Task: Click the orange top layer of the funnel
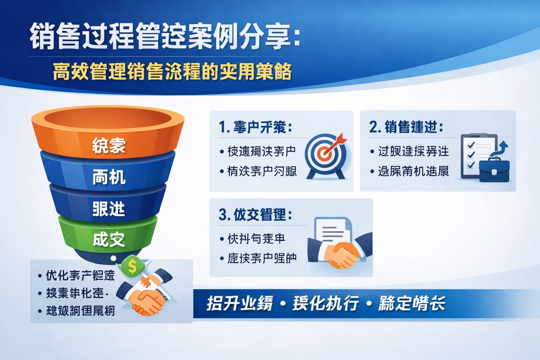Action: (108, 134)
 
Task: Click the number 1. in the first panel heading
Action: (224, 128)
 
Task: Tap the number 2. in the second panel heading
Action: (375, 128)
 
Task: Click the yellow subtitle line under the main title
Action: (172, 72)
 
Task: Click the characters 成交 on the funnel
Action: (109, 239)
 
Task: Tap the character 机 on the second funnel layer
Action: (117, 177)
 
